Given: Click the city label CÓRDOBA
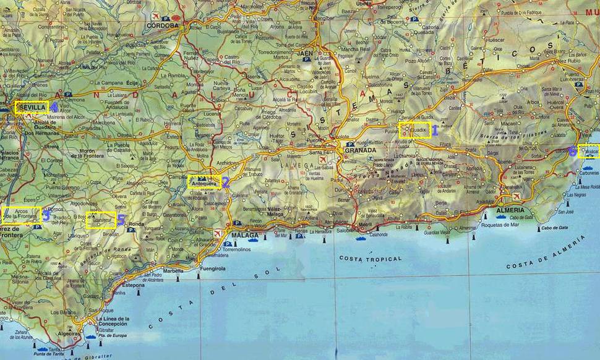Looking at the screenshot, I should click(163, 27).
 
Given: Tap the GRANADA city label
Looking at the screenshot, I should click(361, 150).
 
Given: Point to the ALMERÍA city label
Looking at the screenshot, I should click(510, 210).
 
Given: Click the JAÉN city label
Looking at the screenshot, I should click(304, 53).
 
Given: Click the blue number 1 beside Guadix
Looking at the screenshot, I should click(435, 131).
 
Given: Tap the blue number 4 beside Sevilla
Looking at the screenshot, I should click(54, 107).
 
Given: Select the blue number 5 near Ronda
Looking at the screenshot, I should click(121, 220).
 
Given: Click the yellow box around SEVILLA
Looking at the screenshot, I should click(32, 108).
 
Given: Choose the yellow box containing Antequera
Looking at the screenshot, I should click(204, 182).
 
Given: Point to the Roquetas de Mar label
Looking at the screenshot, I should click(500, 227).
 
